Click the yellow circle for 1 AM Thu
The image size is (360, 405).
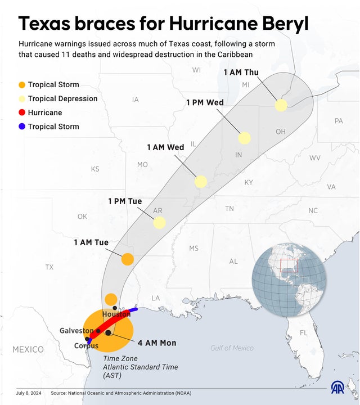point(281,105)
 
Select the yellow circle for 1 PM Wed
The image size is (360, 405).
point(244,138)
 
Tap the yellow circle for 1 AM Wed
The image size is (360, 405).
point(201,182)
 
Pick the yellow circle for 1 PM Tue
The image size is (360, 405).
point(160,222)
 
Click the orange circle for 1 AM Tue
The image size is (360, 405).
point(128,259)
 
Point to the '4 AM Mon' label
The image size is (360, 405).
point(157,343)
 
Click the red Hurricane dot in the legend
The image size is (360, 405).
point(22,112)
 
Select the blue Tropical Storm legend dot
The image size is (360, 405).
point(22,127)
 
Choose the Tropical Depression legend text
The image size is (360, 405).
point(62,98)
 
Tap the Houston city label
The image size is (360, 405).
point(116,314)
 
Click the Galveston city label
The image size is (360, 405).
point(76,331)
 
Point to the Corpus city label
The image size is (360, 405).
point(86,346)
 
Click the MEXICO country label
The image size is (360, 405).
point(28,349)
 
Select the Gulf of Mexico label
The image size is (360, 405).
point(232,348)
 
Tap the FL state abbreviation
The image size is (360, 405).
point(304,333)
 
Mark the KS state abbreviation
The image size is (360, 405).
point(95,169)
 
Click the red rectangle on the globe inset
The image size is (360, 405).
point(289,267)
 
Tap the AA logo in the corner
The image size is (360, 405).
point(337,388)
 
